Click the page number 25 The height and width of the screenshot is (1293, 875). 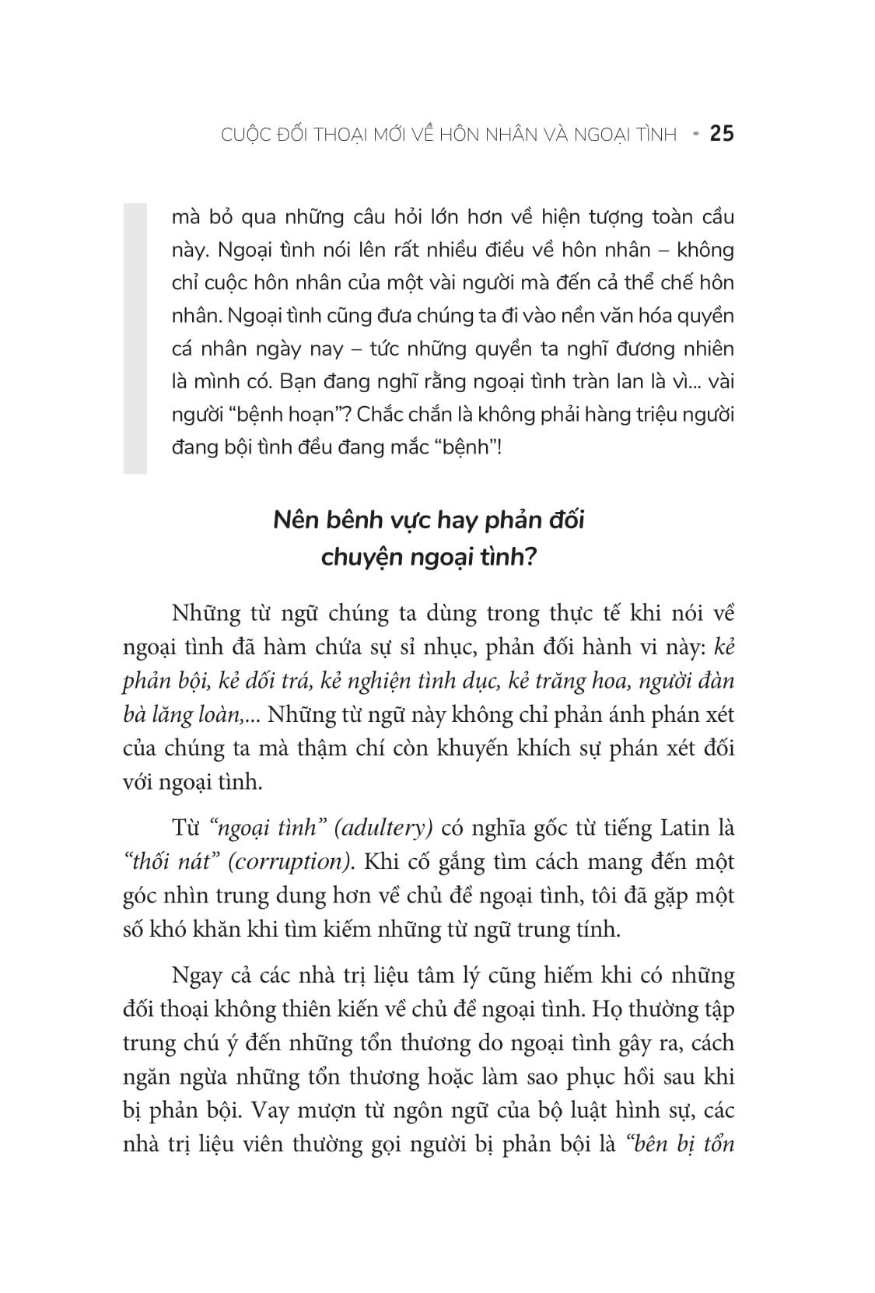pyautogui.click(x=722, y=134)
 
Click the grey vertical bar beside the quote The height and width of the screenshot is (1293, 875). pyautogui.click(x=135, y=338)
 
